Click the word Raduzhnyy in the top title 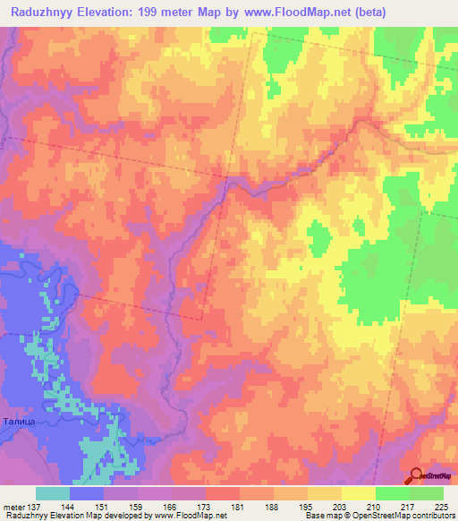47,13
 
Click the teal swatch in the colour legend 53,493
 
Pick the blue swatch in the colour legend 87,493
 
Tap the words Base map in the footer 321,516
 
